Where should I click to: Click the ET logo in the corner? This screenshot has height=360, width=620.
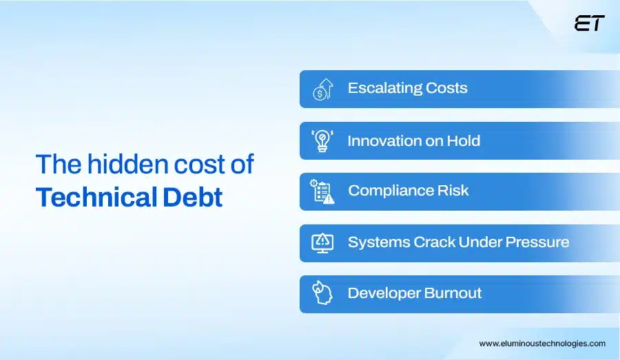[x=589, y=23]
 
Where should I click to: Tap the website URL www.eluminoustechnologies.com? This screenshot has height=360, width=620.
[x=542, y=343]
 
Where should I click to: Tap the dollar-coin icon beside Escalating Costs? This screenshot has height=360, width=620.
[x=322, y=89]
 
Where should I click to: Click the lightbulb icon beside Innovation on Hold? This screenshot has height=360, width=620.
[x=322, y=140]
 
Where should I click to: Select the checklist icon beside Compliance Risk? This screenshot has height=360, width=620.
[x=322, y=191]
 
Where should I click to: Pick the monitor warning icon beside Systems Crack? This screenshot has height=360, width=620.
[x=322, y=242]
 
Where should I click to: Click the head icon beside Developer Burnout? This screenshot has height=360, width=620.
[x=322, y=293]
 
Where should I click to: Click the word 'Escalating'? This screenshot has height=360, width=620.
[x=384, y=88]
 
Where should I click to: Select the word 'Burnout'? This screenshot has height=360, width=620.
[x=453, y=293]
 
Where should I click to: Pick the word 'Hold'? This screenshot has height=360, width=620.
[x=464, y=141]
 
